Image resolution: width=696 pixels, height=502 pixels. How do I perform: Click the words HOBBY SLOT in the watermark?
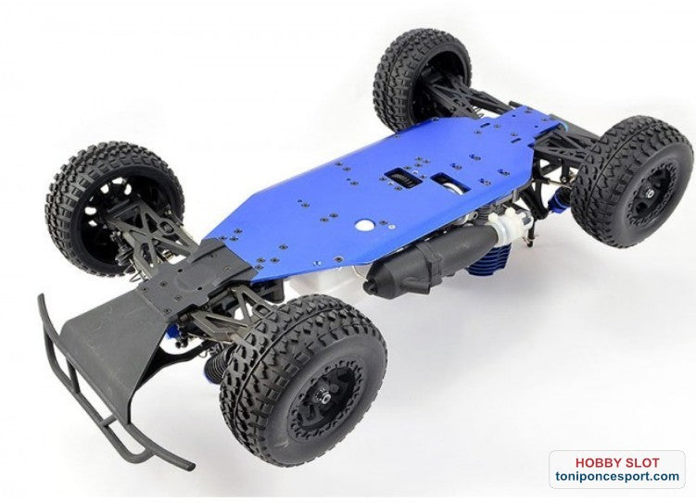617,462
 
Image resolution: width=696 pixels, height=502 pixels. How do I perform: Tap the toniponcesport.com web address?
617,476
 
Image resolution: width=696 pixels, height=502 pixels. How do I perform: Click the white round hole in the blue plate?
363,225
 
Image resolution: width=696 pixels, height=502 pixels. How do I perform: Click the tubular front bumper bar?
89,390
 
